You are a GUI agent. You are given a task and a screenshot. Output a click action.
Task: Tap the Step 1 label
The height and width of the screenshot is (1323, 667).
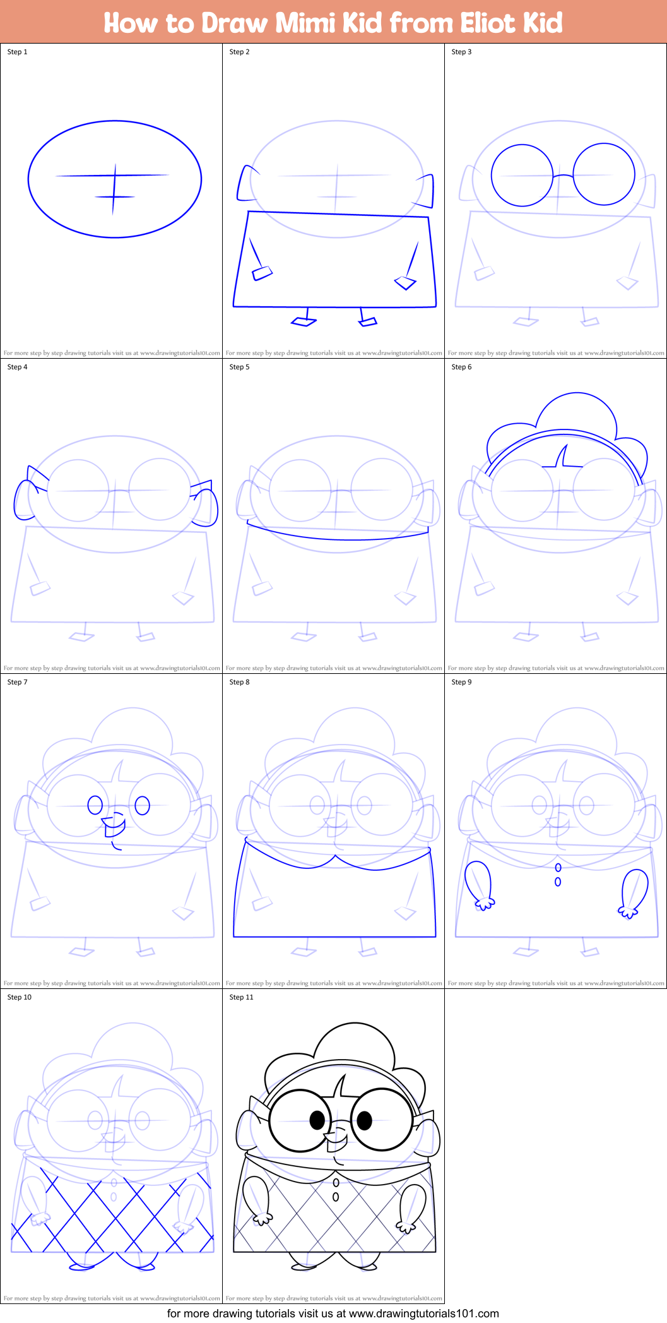pyautogui.click(x=17, y=52)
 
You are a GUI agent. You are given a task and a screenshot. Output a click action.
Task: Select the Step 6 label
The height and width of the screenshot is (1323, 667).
pyautogui.click(x=461, y=367)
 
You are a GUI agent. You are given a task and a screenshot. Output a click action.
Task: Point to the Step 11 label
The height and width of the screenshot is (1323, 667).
pyautogui.click(x=241, y=997)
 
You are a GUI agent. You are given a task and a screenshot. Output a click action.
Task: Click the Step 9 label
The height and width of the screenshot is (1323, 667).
pyautogui.click(x=461, y=682)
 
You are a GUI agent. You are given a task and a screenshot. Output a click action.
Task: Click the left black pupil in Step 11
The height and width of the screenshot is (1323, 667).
pyautogui.click(x=317, y=1120)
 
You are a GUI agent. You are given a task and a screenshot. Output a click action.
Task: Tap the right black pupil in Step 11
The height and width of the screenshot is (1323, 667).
pyautogui.click(x=365, y=1120)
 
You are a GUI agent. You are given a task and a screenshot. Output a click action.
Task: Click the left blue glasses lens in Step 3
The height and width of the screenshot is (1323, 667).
pyautogui.click(x=522, y=175)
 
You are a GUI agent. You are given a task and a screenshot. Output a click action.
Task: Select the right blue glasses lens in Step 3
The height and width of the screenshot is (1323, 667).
pyautogui.click(x=604, y=174)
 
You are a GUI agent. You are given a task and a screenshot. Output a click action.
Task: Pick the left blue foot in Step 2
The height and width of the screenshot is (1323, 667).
pyautogui.click(x=304, y=322)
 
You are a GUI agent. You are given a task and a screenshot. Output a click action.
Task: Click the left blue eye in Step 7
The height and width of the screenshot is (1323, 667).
pyautogui.click(x=95, y=805)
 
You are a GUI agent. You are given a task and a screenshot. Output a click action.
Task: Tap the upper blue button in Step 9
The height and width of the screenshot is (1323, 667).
pyautogui.click(x=558, y=868)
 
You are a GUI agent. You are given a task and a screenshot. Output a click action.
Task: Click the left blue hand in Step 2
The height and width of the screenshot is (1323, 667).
pyautogui.click(x=262, y=273)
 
